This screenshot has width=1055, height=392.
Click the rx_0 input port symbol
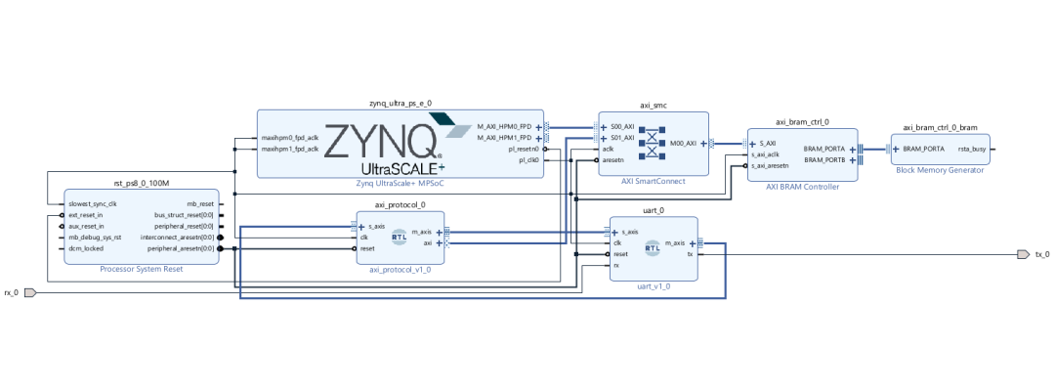[29, 292]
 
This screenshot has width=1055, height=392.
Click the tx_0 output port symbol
[1022, 254]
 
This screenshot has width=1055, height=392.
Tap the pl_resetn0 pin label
[523, 149]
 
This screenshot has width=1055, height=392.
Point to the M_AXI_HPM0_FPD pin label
[504, 127]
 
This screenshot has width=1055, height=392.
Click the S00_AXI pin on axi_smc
[622, 127]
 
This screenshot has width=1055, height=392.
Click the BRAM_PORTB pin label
[825, 159]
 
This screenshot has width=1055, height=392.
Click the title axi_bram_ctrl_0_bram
[940, 127]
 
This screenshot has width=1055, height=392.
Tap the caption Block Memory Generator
[940, 170]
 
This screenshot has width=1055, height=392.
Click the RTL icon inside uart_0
[653, 248]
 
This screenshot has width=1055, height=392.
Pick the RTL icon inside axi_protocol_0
[399, 236]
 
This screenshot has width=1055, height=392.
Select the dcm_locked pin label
[85, 248]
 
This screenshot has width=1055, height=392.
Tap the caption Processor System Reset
[141, 268]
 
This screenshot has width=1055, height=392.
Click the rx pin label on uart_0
[616, 265]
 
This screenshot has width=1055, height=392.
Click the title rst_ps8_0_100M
[141, 183]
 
